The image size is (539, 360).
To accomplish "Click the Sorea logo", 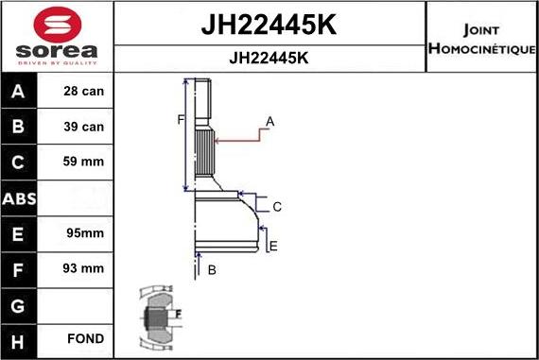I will click(x=56, y=36).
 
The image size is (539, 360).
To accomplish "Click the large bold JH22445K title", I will click(x=269, y=24).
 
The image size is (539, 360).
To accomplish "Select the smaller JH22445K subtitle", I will click(x=269, y=57).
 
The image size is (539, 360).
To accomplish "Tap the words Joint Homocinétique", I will click(x=481, y=36).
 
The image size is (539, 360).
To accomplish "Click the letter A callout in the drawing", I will click(x=269, y=121).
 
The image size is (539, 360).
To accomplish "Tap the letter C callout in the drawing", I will click(x=277, y=206).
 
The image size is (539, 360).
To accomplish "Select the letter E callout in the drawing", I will click(x=273, y=247).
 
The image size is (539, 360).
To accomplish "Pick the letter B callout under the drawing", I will click(x=212, y=270).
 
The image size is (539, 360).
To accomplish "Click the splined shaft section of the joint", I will click(x=204, y=151).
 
